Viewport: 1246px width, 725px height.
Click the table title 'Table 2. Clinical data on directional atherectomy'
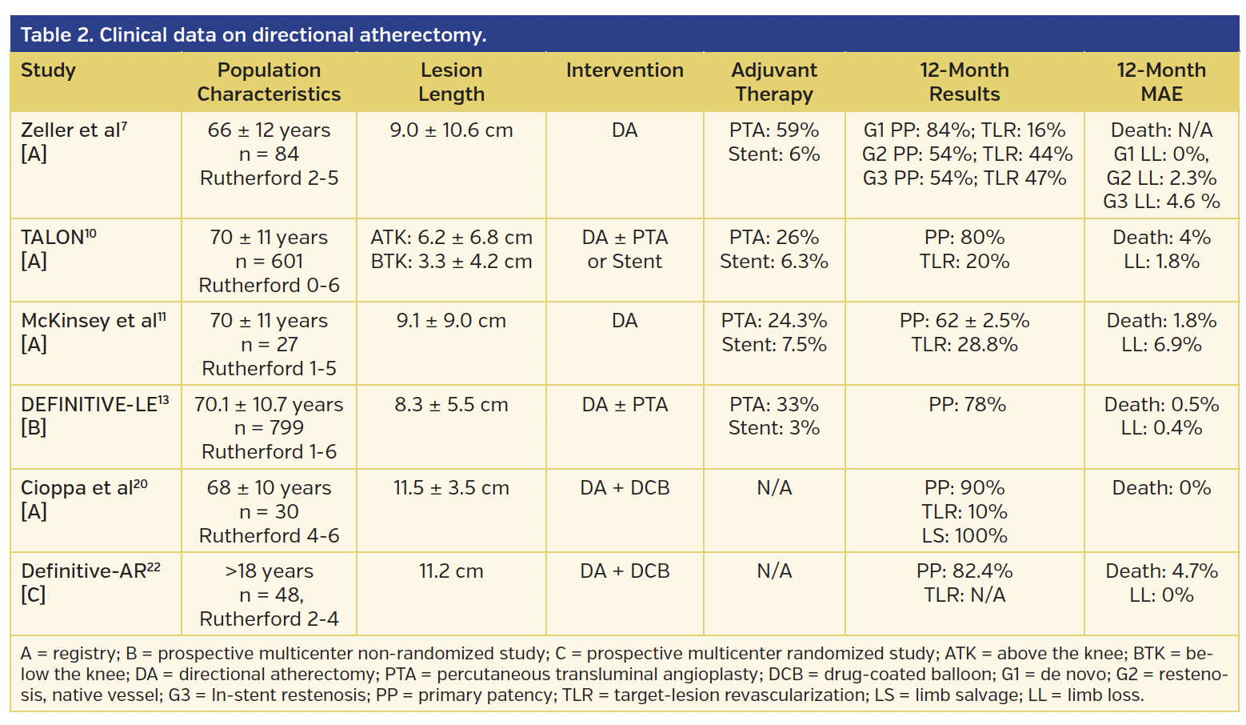coord(253,35)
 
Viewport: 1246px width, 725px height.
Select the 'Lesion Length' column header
coord(451,82)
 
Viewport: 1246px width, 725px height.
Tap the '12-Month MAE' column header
coord(1160,82)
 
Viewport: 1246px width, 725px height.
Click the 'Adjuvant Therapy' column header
coord(773,82)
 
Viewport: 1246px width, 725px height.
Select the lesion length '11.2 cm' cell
coord(451,571)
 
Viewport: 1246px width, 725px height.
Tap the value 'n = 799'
coord(269,428)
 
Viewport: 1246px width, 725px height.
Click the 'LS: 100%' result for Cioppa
coord(964,535)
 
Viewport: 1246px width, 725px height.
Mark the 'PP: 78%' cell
coord(966,405)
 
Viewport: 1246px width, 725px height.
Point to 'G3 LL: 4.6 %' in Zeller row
coord(1160,202)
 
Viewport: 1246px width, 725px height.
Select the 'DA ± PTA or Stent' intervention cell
coord(625,250)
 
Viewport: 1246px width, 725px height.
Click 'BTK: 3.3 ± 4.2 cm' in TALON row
coord(451,262)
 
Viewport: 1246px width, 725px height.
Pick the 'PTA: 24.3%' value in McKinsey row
coord(773,321)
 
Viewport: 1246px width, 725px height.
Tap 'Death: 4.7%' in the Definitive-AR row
coord(1160,571)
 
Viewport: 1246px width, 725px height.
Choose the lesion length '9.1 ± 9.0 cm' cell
coord(451,321)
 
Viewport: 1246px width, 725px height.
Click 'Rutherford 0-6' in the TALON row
coord(269,286)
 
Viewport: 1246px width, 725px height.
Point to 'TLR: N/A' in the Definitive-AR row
coord(964,595)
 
